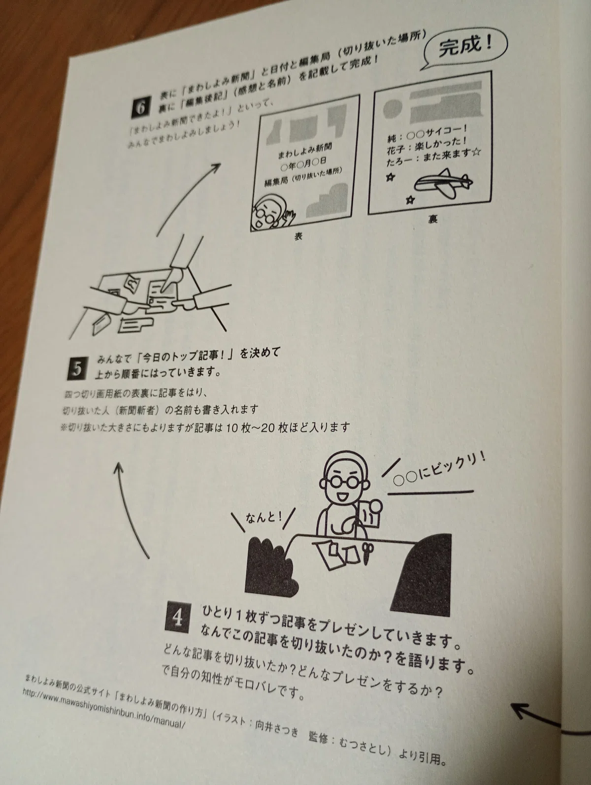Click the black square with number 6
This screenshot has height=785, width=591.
pyautogui.click(x=140, y=106)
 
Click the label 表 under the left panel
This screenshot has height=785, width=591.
pyautogui.click(x=298, y=236)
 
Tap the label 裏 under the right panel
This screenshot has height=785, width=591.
pyautogui.click(x=432, y=219)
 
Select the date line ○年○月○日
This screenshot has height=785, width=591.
pyautogui.click(x=303, y=164)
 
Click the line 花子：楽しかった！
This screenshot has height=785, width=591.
pyautogui.click(x=427, y=145)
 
